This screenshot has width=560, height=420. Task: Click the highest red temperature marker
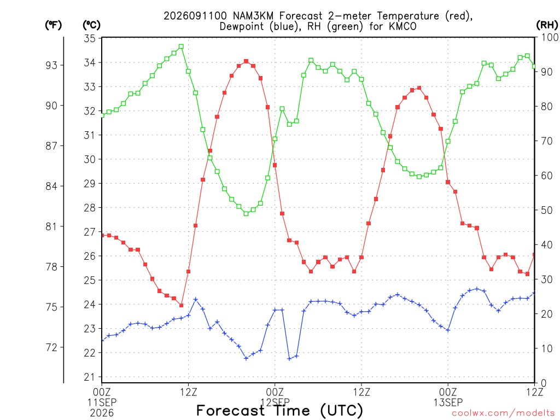[246, 61]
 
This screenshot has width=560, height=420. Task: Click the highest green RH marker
[181, 46]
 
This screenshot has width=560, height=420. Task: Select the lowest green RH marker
[246, 214]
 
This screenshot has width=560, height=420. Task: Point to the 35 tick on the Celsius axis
[90, 38]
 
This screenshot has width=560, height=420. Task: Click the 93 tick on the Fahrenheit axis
[51, 65]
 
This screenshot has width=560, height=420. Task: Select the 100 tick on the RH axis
[550, 37]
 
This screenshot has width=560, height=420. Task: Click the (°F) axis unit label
[53, 25]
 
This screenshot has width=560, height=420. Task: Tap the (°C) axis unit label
[91, 25]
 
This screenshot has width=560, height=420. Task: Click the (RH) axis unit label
[547, 25]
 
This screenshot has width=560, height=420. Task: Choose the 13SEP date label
[448, 402]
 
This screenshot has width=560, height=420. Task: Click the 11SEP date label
[102, 402]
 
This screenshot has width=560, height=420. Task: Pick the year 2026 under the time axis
[102, 413]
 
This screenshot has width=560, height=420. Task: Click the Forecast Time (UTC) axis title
[279, 411]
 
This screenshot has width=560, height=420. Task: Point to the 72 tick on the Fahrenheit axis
[51, 347]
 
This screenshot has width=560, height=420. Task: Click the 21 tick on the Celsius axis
[90, 377]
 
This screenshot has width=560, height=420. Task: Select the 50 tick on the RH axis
[547, 211]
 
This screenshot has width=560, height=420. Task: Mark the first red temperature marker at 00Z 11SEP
[102, 235]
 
